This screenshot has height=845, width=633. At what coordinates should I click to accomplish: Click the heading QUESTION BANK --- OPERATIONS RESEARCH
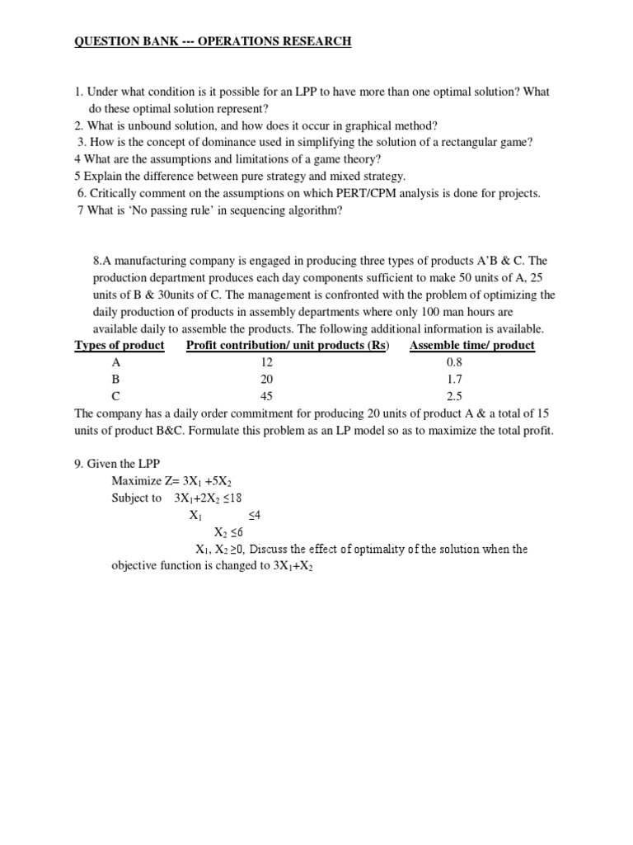[213, 41]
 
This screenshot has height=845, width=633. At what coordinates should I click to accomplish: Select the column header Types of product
[120, 345]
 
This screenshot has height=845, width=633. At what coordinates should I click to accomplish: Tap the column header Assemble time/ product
[471, 345]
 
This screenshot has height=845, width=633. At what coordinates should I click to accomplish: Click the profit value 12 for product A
[265, 361]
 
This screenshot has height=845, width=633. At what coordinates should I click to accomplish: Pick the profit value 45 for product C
[265, 395]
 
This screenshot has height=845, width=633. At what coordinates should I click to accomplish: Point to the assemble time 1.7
[455, 379]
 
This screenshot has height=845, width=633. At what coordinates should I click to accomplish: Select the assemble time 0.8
[455, 361]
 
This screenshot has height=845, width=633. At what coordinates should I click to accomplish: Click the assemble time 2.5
[455, 395]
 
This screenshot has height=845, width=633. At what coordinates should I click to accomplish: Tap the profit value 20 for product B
[265, 379]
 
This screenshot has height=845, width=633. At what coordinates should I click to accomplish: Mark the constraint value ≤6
[236, 532]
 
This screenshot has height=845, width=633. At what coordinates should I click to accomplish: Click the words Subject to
[137, 498]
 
